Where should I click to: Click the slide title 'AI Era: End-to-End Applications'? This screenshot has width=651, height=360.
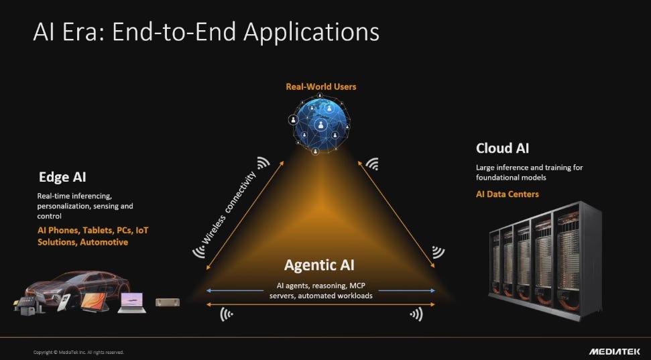(x=206, y=32)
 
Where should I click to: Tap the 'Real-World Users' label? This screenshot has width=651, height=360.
(x=321, y=86)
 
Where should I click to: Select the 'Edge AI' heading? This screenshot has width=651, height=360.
(x=62, y=177)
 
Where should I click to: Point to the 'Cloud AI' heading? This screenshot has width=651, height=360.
(x=502, y=148)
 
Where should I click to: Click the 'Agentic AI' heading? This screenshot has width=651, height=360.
(x=319, y=265)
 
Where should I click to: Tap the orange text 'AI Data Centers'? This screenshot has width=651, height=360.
(x=508, y=194)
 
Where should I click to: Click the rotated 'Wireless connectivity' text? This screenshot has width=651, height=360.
(x=229, y=208)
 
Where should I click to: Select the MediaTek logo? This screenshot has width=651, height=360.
(x=615, y=352)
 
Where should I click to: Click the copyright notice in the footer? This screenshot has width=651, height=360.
(x=78, y=353)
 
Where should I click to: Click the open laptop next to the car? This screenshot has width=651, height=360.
(x=131, y=303)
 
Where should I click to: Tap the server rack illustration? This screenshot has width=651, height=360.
(x=545, y=260)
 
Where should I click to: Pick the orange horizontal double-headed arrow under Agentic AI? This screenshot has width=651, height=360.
(x=320, y=304)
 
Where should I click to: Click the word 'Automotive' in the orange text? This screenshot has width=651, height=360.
(x=104, y=242)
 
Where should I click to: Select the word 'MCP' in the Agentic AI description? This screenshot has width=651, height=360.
(x=357, y=286)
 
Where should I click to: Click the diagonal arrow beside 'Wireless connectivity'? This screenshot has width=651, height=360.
(x=245, y=215)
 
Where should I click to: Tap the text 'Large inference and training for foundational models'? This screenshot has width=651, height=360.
(x=530, y=172)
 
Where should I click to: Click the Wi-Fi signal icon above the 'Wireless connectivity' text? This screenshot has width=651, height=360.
(x=263, y=163)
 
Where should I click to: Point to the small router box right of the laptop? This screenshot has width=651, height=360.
(x=168, y=302)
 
